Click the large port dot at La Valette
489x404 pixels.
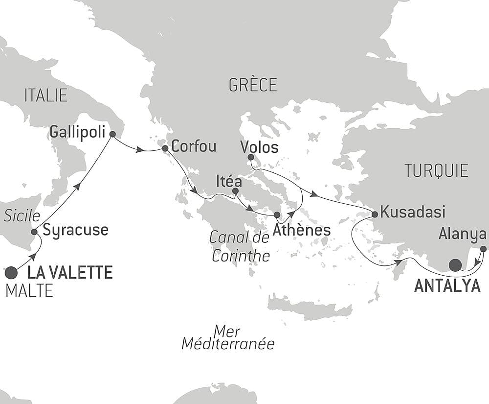[11, 272]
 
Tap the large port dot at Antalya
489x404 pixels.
[455, 265]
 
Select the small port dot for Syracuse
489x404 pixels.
[34, 232]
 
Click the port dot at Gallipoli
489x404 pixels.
[112, 134]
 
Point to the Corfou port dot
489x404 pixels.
[165, 148]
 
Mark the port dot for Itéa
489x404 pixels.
[235, 191]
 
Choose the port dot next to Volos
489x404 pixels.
[251, 157]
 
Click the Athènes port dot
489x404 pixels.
[277, 214]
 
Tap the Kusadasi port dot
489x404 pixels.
[375, 214]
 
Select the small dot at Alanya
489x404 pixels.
[483, 249]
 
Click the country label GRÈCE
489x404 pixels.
[252, 85]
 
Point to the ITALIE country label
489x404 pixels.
[45, 95]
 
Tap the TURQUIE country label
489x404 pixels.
[436, 170]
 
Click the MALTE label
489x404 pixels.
[29, 291]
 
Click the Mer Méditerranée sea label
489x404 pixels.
[228, 337]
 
